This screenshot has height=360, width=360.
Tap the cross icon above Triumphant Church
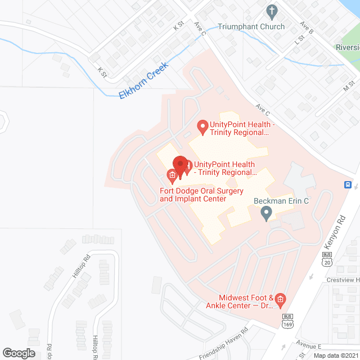pyautogui.click(x=272, y=11)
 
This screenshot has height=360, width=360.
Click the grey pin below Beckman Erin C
pyautogui.click(x=267, y=213)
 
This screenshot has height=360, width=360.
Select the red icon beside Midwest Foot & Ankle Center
pyautogui.click(x=280, y=298)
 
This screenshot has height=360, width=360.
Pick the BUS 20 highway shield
pyautogui.click(x=327, y=258)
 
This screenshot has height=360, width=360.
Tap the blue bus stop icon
pyautogui.click(x=348, y=184)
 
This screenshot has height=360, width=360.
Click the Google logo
pyautogui.click(x=19, y=353)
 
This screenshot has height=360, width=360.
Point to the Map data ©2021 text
pyautogui.click(x=335, y=355)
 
